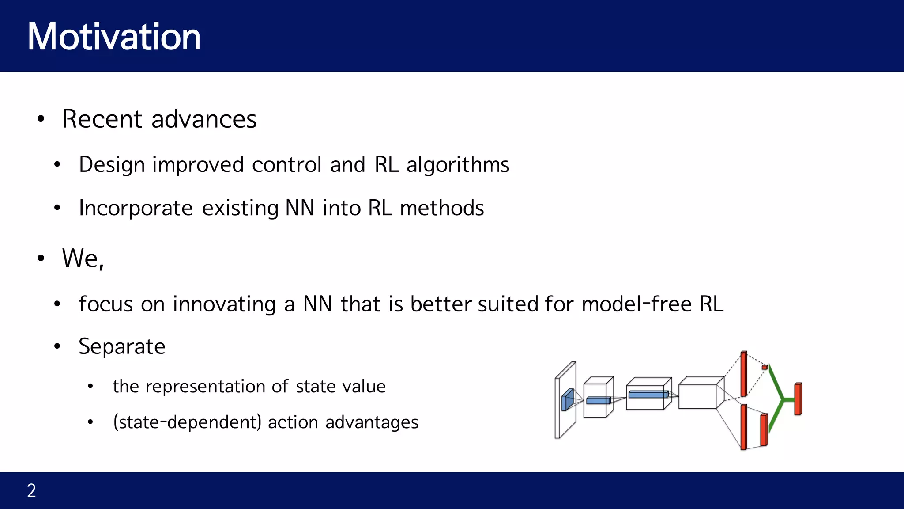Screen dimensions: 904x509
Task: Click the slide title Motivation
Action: pos(114,37)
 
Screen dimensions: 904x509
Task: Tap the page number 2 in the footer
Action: pos(31,490)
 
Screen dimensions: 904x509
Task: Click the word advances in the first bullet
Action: pos(204,119)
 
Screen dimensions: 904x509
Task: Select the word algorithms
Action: pos(458,165)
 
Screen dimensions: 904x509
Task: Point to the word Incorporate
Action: pos(136,208)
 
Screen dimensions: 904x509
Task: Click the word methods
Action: pos(441,208)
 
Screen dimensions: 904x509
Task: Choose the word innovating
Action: pos(224,304)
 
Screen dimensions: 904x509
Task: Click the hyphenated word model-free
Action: pos(637,304)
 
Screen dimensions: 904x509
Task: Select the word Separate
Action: pos(122,346)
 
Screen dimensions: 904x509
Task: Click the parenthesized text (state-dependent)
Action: pos(188,422)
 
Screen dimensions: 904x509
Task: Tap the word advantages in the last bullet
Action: pos(372,422)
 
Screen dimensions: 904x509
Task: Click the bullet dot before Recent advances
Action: pos(41,119)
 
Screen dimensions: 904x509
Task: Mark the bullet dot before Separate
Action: pos(57,346)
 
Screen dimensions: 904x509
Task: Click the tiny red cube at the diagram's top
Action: pos(765,367)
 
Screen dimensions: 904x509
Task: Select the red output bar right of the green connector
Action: pos(798,399)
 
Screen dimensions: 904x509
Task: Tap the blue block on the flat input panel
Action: pos(567,400)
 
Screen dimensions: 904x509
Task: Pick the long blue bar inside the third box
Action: pos(648,394)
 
